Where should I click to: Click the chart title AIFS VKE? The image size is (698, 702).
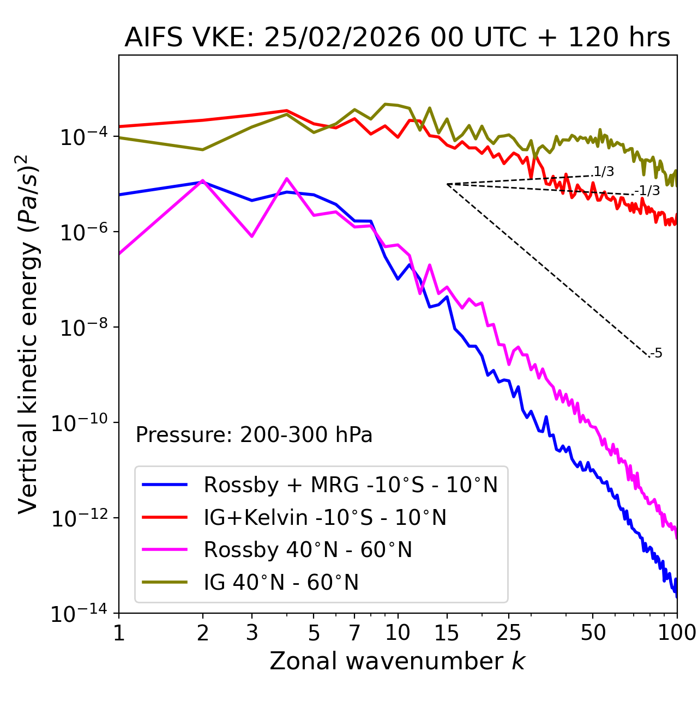(x=397, y=38)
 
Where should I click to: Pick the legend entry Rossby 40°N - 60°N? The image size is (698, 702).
(x=308, y=550)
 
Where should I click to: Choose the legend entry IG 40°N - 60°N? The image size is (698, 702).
(x=281, y=583)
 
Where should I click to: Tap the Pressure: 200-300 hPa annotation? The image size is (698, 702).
(x=254, y=435)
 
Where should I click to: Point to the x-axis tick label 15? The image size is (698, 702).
(x=447, y=633)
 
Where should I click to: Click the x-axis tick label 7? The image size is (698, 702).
(x=354, y=633)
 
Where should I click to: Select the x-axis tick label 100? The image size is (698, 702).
(x=677, y=633)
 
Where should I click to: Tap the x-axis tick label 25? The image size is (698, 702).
(x=508, y=633)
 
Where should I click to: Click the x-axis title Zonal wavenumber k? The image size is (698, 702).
(x=397, y=661)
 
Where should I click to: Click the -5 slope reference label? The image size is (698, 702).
(x=657, y=354)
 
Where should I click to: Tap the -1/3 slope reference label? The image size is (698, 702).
(x=648, y=191)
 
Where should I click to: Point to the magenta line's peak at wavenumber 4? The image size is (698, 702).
(x=287, y=179)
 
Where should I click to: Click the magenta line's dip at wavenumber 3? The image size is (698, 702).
(x=252, y=236)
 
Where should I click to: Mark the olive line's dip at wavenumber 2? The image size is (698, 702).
(x=203, y=149)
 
